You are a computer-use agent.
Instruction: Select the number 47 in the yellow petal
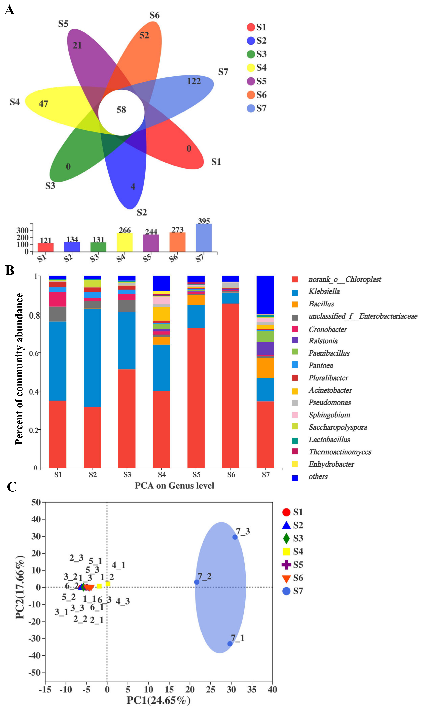click(x=43, y=104)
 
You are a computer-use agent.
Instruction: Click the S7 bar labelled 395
click(x=204, y=238)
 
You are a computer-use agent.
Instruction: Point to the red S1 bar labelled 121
click(x=46, y=247)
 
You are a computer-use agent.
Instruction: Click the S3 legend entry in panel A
click(x=256, y=54)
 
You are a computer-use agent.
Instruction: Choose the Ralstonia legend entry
click(x=323, y=341)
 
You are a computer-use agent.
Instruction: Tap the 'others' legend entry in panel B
click(x=318, y=477)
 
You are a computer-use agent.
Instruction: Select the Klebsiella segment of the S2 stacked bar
click(x=92, y=358)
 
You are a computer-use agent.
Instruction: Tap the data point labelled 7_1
click(x=230, y=644)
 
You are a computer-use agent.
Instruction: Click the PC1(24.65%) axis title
click(x=158, y=700)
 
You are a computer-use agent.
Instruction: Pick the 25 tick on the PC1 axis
click(x=210, y=690)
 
